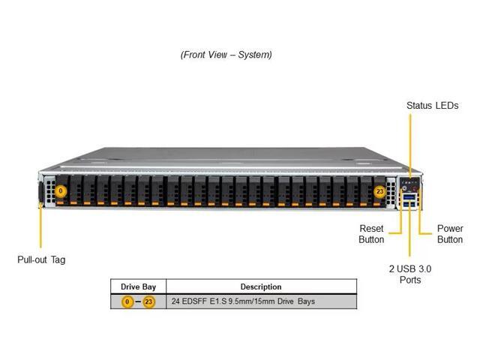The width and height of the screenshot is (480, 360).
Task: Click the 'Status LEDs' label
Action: click(x=432, y=106)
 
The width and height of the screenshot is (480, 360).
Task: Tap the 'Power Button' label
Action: click(x=450, y=234)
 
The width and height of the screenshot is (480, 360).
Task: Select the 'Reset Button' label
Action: click(x=371, y=234)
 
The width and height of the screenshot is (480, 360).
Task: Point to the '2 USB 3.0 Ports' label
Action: click(x=410, y=274)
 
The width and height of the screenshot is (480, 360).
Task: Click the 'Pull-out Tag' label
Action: click(x=41, y=259)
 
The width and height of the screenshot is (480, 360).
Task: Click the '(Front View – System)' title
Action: click(x=226, y=55)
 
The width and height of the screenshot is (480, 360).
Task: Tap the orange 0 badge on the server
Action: click(x=61, y=192)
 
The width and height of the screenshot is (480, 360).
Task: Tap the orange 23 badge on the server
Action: click(x=380, y=192)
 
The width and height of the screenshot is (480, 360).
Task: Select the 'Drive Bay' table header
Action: click(x=138, y=286)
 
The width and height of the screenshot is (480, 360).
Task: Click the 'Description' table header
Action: click(x=261, y=286)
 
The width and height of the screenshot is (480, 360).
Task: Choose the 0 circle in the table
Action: click(x=127, y=301)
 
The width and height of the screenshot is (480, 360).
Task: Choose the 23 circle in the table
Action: click(x=148, y=301)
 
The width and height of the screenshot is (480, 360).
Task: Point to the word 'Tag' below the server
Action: click(x=58, y=259)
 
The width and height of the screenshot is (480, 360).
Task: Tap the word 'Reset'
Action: click(x=371, y=229)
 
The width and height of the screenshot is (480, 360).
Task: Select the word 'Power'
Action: click(x=450, y=229)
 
